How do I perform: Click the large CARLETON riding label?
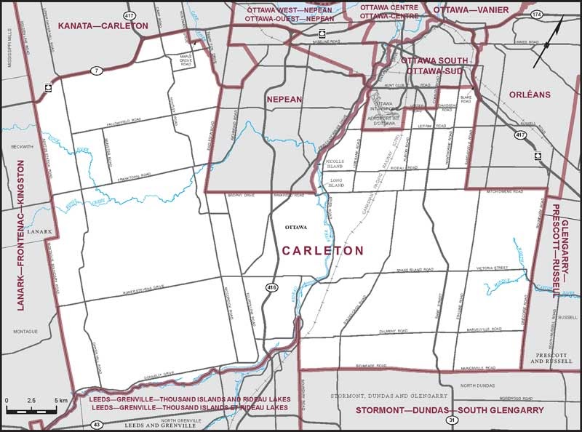point(322,250)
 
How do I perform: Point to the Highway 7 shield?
point(95,71)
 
